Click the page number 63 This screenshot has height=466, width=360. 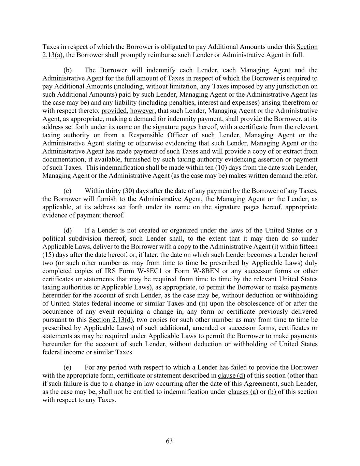[x=169, y=441]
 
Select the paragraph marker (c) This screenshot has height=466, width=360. [x=68, y=191]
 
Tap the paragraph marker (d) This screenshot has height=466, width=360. [x=68, y=230]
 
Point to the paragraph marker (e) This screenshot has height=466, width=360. [x=68, y=367]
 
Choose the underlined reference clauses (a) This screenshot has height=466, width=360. [x=243, y=392]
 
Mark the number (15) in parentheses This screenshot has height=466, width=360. [x=48, y=255]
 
